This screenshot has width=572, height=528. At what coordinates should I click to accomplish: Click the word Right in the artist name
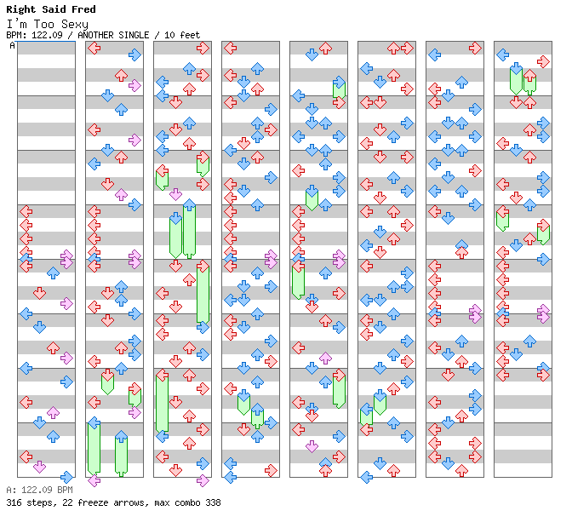pyautogui.click(x=20, y=9)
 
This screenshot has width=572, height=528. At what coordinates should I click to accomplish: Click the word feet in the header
pyautogui.click(x=189, y=35)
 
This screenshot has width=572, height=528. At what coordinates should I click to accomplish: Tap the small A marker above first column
pyautogui.click(x=13, y=46)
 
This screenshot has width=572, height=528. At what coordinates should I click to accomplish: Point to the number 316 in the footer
pyautogui.click(x=13, y=502)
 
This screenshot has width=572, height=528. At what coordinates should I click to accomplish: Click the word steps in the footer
pyautogui.click(x=38, y=502)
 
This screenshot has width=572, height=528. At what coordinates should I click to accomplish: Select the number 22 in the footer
pyautogui.click(x=63, y=502)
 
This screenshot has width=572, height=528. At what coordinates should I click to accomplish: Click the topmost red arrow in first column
pyautogui.click(x=26, y=211)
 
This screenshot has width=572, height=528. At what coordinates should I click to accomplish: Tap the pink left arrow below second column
pyautogui.click(x=94, y=480)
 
